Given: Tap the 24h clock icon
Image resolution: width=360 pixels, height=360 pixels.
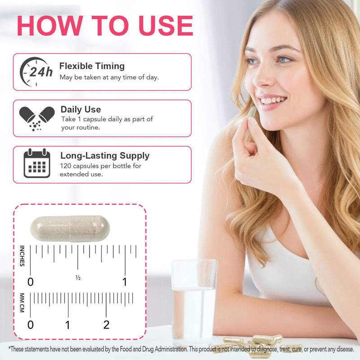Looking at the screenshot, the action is [36, 72].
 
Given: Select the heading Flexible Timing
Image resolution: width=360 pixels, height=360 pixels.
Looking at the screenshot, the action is [92, 66].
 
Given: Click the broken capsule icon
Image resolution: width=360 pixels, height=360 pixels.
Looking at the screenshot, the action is [37, 118].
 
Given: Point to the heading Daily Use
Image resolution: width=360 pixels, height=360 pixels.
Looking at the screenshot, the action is [81, 109].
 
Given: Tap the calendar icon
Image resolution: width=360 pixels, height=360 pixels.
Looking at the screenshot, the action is [37, 163].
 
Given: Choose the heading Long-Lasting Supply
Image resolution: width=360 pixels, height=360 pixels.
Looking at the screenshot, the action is [105, 156].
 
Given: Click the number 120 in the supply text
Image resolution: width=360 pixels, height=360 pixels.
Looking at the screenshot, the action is [65, 166].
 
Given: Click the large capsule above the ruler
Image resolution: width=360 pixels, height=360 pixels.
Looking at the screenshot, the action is [70, 229].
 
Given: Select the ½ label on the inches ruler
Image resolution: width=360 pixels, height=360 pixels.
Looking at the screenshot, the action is [78, 278].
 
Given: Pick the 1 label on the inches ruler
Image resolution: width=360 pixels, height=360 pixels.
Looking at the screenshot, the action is [125, 282].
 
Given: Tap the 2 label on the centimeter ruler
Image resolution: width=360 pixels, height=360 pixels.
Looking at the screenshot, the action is [106, 325].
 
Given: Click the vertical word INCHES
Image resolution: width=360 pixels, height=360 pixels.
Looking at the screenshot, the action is [22, 256].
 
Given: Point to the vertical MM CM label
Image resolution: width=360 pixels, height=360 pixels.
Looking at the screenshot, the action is [22, 302].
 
